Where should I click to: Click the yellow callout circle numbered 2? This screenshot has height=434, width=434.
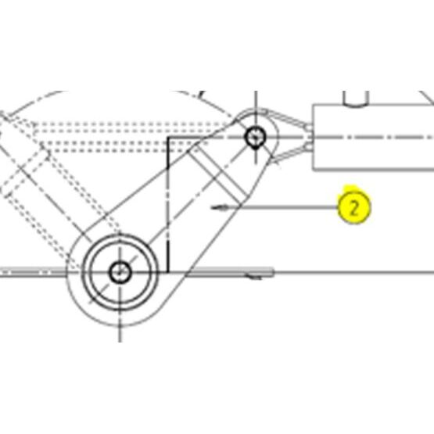(x=354, y=207)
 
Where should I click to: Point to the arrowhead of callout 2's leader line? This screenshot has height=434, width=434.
(x=219, y=207)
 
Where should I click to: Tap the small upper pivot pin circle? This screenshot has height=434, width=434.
(x=255, y=137)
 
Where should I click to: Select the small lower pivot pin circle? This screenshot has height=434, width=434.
(x=120, y=272)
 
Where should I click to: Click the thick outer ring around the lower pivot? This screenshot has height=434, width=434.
(x=120, y=235)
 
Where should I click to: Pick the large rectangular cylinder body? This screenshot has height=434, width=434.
(x=373, y=137)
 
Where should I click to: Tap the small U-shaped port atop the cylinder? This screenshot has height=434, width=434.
(x=356, y=99)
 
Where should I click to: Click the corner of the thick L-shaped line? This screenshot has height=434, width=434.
(x=168, y=138)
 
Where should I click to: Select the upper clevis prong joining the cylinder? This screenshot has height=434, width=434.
(x=288, y=119)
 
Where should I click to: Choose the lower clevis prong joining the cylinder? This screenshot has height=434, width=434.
(x=291, y=153)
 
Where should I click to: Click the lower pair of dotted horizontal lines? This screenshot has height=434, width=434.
(x=124, y=147)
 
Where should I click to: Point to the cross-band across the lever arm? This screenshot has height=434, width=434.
(x=218, y=174)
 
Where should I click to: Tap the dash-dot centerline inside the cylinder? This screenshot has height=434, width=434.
(x=373, y=138)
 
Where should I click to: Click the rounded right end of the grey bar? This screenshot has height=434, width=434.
(x=272, y=272)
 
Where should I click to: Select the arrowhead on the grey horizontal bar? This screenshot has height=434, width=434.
(x=253, y=276)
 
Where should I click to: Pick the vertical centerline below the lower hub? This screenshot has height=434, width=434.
(x=120, y=326)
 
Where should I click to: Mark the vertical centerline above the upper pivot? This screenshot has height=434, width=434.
(x=256, y=109)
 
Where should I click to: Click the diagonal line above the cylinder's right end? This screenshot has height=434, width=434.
(x=426, y=98)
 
